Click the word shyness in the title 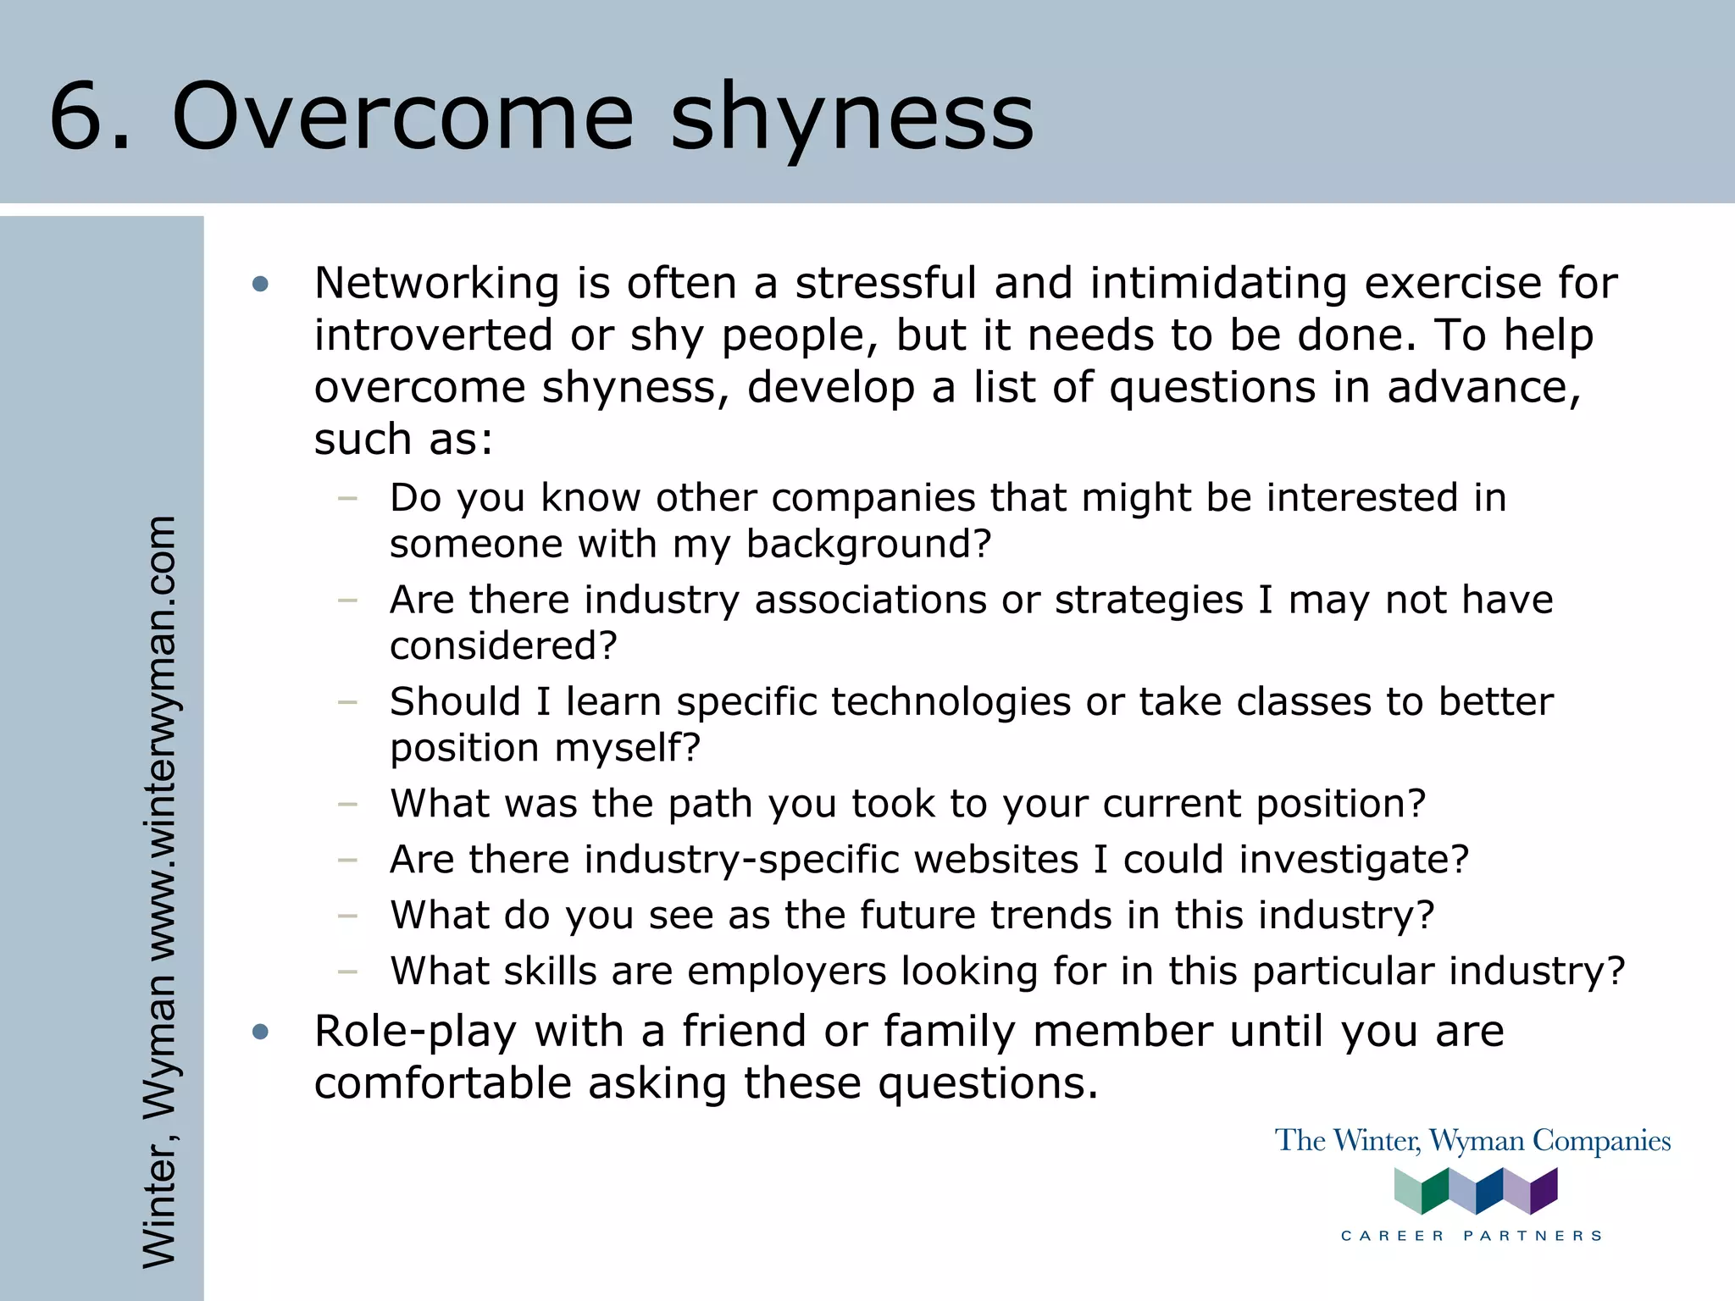pos(852,119)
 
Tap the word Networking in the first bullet pos(436,283)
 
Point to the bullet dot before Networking pos(260,285)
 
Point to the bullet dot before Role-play pos(260,1032)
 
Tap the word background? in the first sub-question pos(868,545)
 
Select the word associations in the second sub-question pos(870,601)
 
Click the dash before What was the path pos(347,804)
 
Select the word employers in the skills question pos(785,972)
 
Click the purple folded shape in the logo pos(1544,1190)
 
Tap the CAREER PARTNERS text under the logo pos(1472,1236)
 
